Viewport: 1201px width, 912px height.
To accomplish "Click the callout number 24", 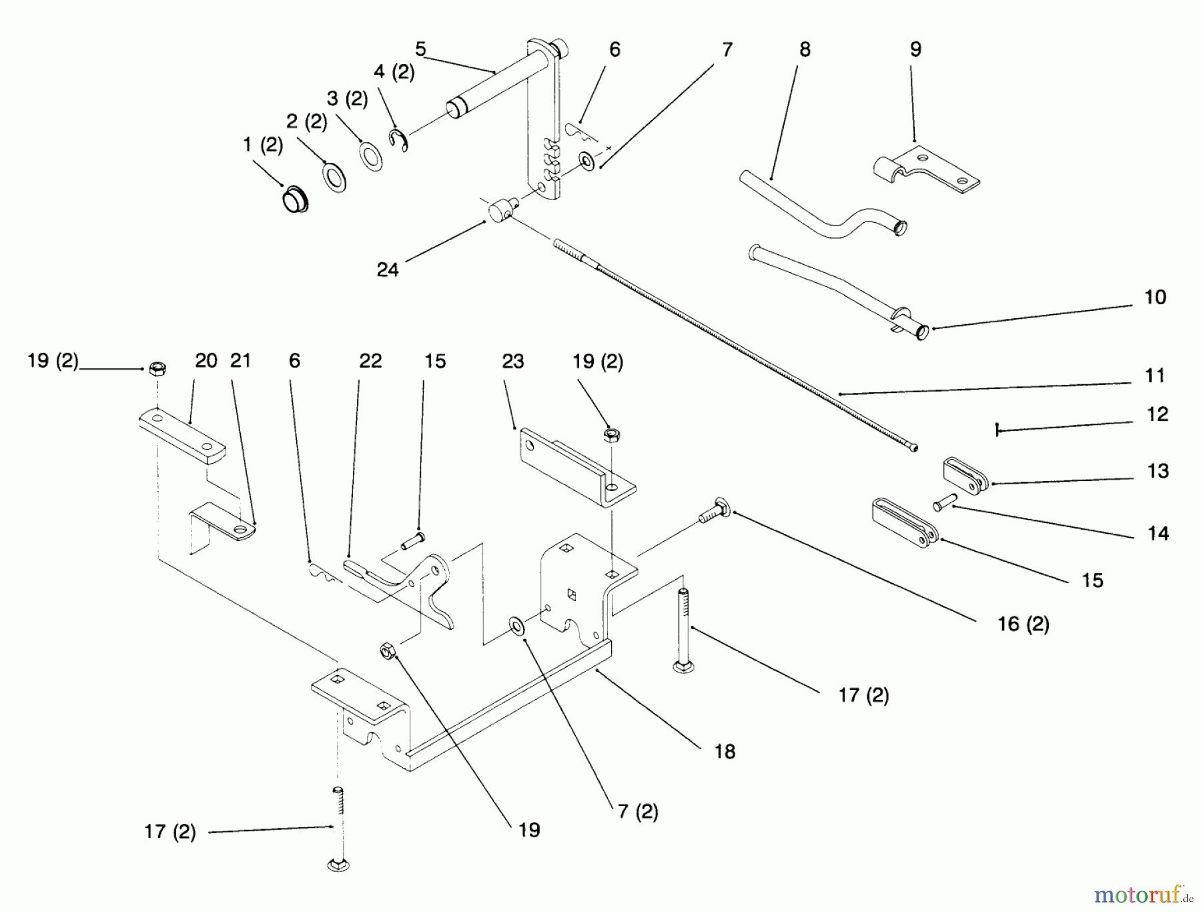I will tap(387, 270).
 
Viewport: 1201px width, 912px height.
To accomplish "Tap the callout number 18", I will tap(724, 751).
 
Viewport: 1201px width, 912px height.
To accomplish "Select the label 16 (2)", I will tap(1023, 624).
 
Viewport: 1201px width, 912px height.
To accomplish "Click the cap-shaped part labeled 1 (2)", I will tap(294, 200).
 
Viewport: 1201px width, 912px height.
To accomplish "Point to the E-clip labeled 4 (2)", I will tap(398, 139).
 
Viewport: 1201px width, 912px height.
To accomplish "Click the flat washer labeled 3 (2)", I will tap(370, 156).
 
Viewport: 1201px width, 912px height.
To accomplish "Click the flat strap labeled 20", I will tap(181, 437).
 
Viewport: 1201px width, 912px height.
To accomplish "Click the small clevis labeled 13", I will tap(965, 476).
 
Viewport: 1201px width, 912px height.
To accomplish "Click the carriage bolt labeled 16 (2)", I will tap(713, 512).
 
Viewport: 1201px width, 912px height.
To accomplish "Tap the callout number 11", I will tap(1154, 376).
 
